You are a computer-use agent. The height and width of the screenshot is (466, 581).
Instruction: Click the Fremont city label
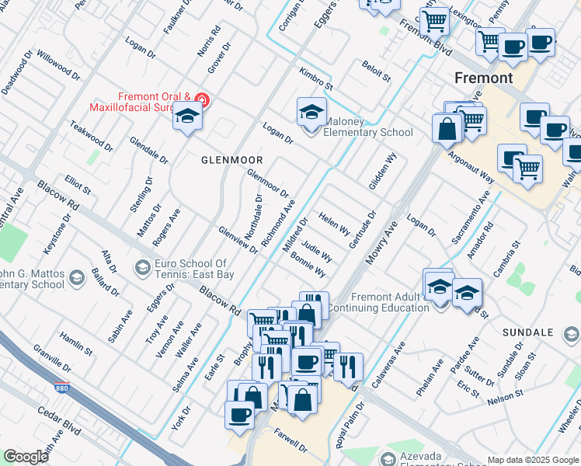click(x=483, y=78)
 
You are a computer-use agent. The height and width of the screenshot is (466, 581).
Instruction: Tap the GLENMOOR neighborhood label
click(x=232, y=159)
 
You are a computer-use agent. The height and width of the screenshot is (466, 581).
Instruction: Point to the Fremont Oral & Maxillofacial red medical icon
click(x=202, y=99)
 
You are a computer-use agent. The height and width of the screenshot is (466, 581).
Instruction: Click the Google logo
click(x=26, y=457)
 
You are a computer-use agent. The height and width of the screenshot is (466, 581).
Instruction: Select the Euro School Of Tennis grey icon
click(x=142, y=268)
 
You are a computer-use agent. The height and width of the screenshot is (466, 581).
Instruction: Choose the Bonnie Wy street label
click(x=308, y=266)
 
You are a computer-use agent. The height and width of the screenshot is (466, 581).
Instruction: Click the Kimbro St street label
click(x=315, y=78)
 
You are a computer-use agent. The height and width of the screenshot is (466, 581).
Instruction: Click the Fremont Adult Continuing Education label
click(x=378, y=302)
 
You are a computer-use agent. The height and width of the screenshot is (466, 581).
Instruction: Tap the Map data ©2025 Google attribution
click(x=533, y=460)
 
